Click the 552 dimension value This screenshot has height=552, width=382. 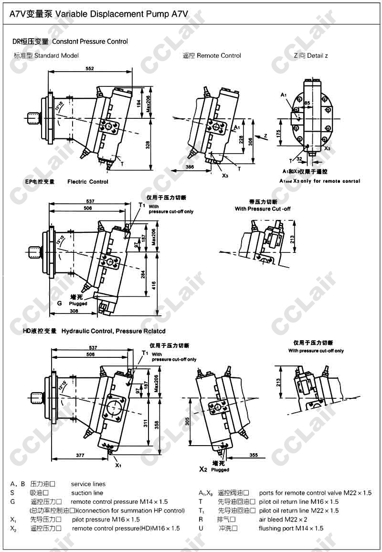point(89,69)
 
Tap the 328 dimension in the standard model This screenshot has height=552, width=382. point(147,145)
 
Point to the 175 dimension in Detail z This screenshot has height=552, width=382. point(279,134)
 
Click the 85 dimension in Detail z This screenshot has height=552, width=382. point(307,103)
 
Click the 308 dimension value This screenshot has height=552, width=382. point(74,311)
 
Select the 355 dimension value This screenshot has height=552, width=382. point(254,456)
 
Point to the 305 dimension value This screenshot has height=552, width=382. point(188,420)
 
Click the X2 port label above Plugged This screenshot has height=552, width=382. point(203,469)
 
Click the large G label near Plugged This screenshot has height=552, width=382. point(60,303)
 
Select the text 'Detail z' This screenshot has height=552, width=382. point(317,56)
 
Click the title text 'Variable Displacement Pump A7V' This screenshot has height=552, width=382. point(118,14)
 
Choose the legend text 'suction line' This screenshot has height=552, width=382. point(87,493)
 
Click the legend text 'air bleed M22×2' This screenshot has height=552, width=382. point(283,519)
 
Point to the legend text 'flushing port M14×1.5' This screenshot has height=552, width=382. point(291,528)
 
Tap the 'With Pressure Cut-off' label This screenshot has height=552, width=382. point(262,209)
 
